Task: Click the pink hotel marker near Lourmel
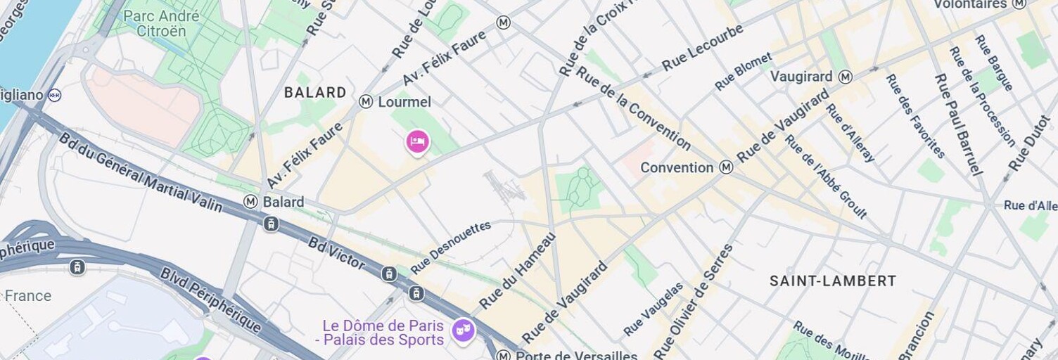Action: (x=417, y=142)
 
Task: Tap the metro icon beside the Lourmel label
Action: (x=366, y=102)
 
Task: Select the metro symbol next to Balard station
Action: (x=250, y=202)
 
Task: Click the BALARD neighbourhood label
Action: (x=315, y=92)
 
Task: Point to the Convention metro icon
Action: (x=726, y=167)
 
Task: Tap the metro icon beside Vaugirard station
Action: (x=846, y=77)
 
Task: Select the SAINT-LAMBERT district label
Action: (x=833, y=281)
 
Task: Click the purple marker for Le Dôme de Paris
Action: (x=463, y=330)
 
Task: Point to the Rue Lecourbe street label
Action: (x=702, y=47)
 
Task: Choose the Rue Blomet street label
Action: (x=743, y=72)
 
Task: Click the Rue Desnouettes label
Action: (x=450, y=247)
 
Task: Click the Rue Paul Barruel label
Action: (x=957, y=124)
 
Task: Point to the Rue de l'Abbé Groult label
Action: (x=826, y=176)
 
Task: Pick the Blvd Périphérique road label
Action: (x=210, y=300)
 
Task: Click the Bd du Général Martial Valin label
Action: (x=140, y=172)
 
